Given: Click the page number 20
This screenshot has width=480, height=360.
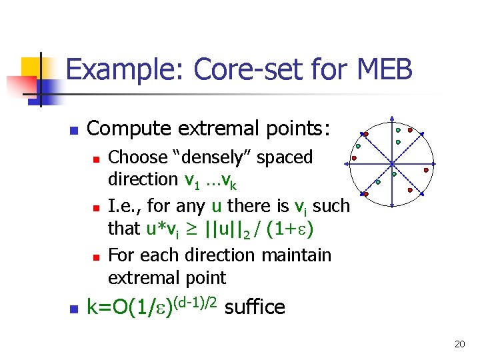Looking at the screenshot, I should pyautogui.click(x=459, y=344).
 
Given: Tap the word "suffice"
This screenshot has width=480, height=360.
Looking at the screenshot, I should pyautogui.click(x=255, y=307).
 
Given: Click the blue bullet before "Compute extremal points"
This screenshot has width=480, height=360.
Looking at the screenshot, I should pyautogui.click(x=75, y=129).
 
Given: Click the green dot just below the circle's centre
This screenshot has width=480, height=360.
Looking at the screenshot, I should pyautogui.click(x=394, y=175).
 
